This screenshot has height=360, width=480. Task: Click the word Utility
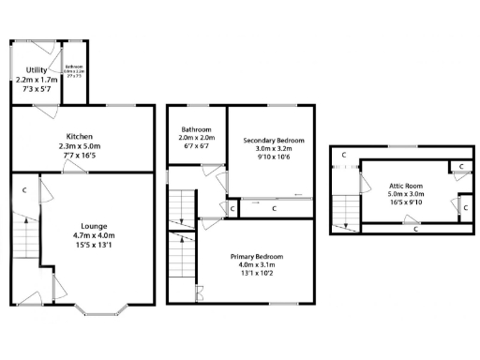click(x=37, y=70)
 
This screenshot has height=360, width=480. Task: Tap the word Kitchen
click(x=80, y=137)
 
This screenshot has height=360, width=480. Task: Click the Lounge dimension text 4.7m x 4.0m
click(x=93, y=236)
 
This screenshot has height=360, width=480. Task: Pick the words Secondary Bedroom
click(x=274, y=141)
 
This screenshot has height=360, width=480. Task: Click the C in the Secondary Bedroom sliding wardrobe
click(x=273, y=208)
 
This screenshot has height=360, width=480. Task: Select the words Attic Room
click(x=408, y=186)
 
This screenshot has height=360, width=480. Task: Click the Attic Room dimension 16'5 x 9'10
click(x=408, y=203)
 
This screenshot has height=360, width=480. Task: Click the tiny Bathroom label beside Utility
click(x=73, y=67)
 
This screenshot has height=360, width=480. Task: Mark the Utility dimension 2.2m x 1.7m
click(x=37, y=81)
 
